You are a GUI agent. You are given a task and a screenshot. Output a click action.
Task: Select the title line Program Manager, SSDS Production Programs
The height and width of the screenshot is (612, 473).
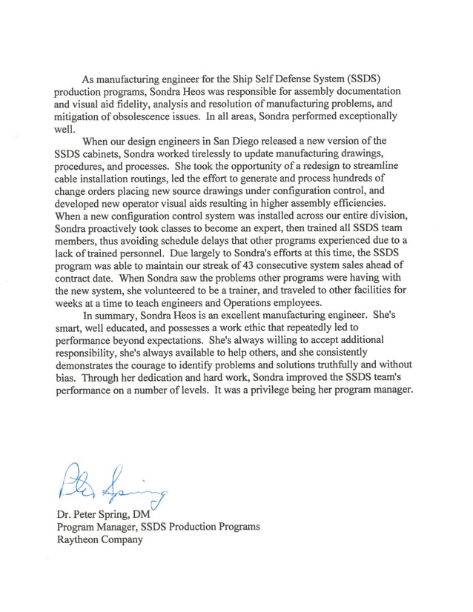(x=158, y=527)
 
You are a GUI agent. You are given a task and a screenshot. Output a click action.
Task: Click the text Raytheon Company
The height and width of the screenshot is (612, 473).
(x=99, y=539)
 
